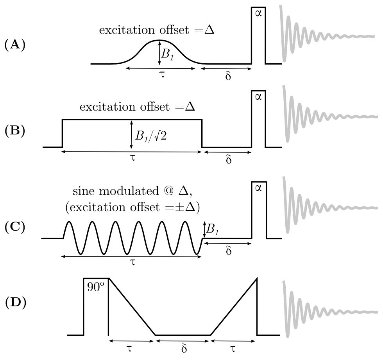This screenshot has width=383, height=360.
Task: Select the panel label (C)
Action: [14, 227]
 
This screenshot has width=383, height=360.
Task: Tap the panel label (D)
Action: [14, 303]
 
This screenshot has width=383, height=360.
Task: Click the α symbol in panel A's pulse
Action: [258, 15]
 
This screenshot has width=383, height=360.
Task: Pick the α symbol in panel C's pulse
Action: [258, 189]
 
